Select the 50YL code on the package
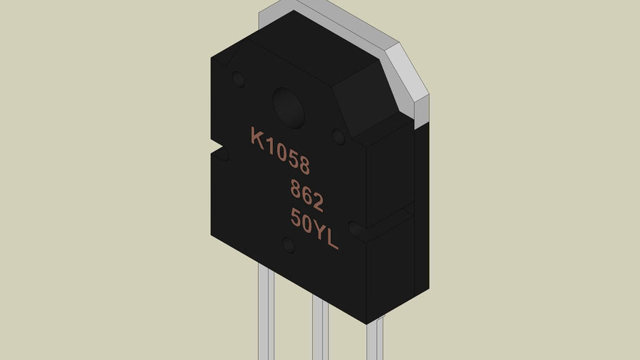click(x=314, y=229)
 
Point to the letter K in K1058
click(x=257, y=136)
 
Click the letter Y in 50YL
click(x=320, y=232)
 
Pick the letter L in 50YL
click(x=332, y=240)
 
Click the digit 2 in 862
click(x=318, y=202)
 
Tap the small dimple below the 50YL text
click(x=288, y=245)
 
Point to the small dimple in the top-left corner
click(x=239, y=79)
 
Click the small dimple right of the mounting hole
click(x=338, y=136)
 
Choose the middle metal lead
click(x=320, y=330)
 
